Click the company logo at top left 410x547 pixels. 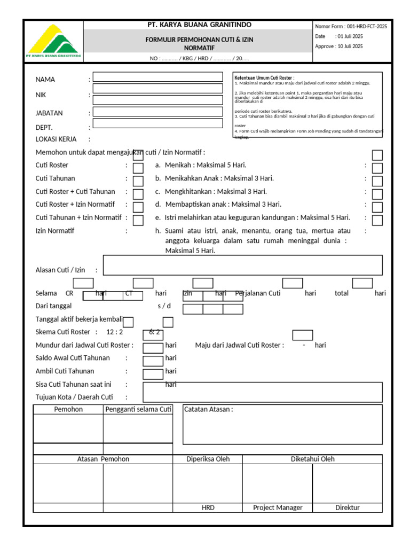[x=53, y=42]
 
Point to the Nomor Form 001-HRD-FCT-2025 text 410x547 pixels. [x=351, y=26]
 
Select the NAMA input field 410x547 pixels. [x=158, y=77]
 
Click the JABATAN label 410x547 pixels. [x=49, y=113]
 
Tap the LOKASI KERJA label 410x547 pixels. [x=56, y=139]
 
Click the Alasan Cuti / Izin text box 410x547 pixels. [x=242, y=265]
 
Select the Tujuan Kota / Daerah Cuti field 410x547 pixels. [x=263, y=392]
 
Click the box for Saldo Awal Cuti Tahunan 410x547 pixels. [x=153, y=361]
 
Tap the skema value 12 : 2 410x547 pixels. [x=115, y=332]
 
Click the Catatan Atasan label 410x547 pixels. [x=209, y=410]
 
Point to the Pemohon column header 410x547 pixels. [x=68, y=410]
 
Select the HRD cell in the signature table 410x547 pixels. [x=208, y=507]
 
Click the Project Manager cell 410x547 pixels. [x=278, y=507]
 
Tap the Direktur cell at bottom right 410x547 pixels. [x=347, y=507]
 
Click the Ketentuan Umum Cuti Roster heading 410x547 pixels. [x=264, y=78]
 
